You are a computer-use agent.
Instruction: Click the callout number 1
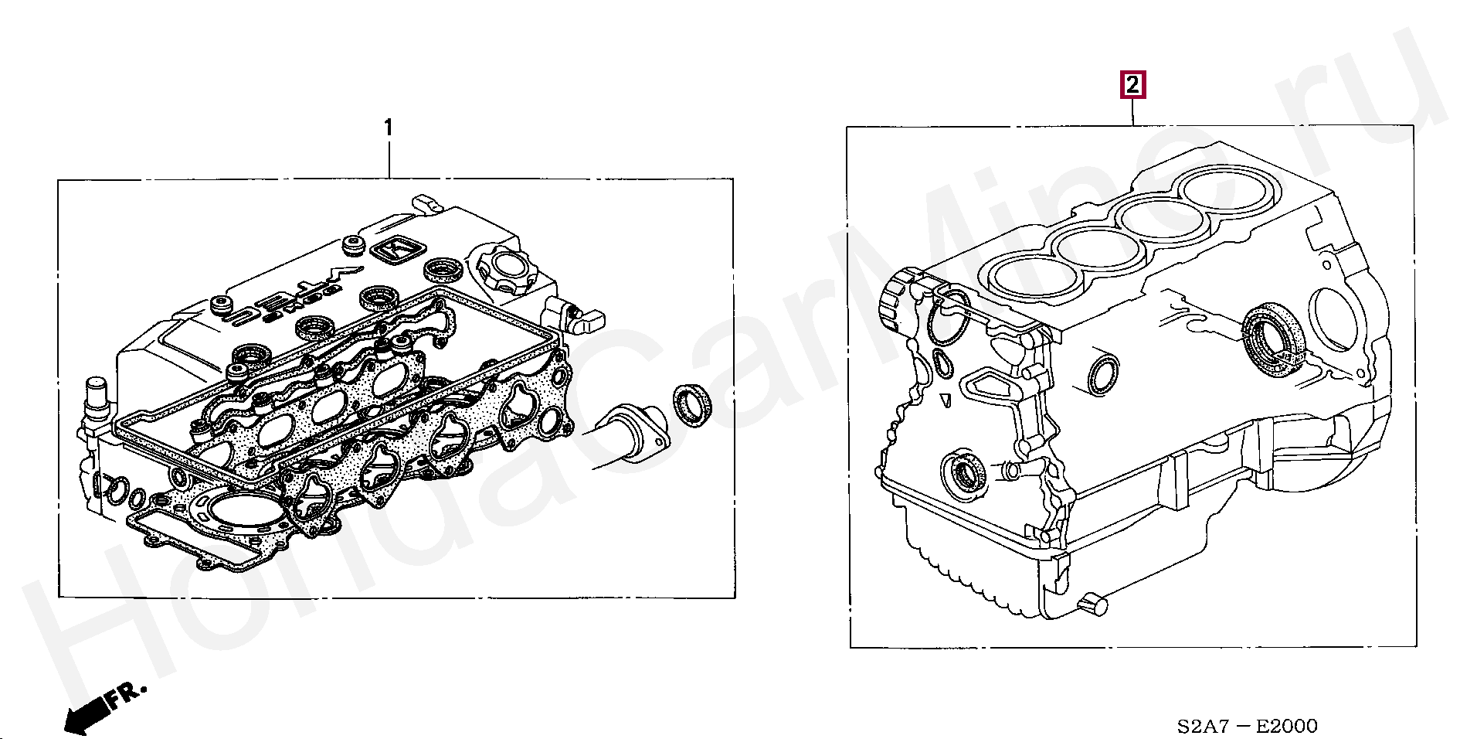389,128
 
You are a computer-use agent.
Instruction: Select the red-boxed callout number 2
1132,85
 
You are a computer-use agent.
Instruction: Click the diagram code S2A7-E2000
1248,726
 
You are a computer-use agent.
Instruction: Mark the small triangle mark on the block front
946,400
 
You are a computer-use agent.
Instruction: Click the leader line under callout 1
389,159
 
